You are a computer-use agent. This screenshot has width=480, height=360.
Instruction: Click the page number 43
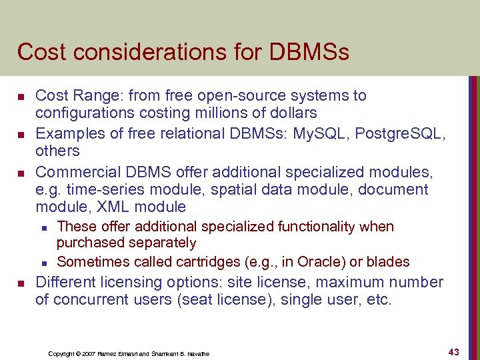click(x=455, y=351)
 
